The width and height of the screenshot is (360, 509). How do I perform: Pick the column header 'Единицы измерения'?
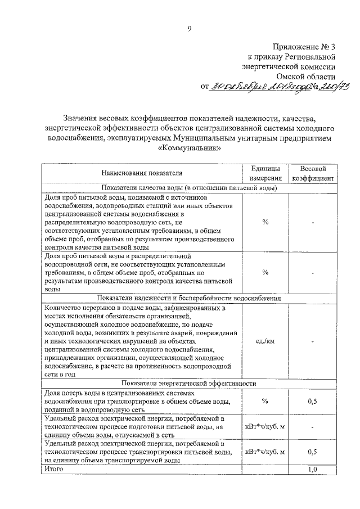tap(264, 173)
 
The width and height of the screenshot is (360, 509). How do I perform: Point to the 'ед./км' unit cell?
tap(264, 341)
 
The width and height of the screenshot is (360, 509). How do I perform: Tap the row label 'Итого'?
tap(53, 469)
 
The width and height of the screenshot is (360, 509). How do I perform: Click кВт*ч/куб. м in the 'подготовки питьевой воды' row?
tap(264, 426)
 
